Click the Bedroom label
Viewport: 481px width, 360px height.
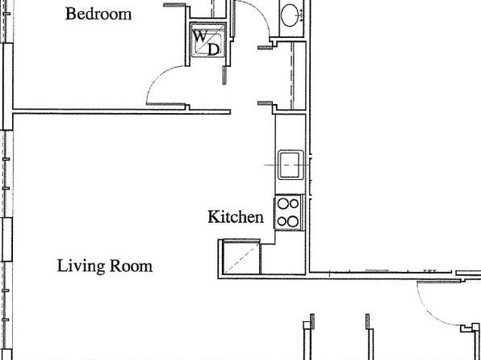tap(98, 14)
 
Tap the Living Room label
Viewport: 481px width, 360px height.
tap(105, 266)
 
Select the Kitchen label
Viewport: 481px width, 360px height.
tap(236, 216)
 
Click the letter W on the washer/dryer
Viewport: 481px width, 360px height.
tap(200, 36)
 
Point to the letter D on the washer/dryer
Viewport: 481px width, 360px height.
tap(214, 49)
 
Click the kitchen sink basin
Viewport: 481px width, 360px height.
tap(291, 165)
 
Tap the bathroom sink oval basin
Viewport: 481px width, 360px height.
tap(290, 14)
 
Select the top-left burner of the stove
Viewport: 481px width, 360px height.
tap(282, 203)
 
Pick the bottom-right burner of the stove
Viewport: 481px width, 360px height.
tap(293, 221)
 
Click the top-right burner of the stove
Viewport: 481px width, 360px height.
tap(294, 203)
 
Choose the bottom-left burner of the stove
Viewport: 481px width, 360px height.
tap(282, 221)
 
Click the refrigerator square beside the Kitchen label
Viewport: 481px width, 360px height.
tap(241, 257)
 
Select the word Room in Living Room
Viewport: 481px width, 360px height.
tap(131, 266)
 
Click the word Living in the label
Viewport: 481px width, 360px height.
tap(81, 266)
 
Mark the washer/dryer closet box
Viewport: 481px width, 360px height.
tap(208, 40)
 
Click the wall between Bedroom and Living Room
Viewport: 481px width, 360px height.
tap(122, 111)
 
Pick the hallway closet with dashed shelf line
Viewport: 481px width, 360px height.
tap(291, 76)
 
